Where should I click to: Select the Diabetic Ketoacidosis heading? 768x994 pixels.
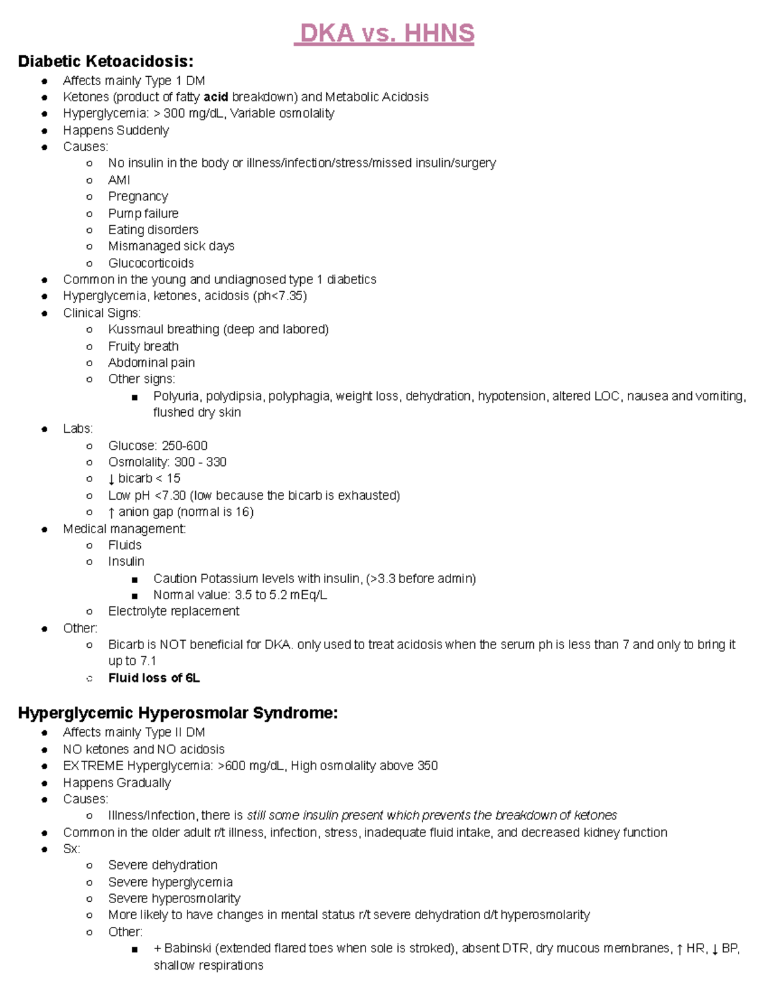click(x=106, y=61)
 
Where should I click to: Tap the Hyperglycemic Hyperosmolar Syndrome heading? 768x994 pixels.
click(x=178, y=713)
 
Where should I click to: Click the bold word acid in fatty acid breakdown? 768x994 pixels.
click(x=216, y=97)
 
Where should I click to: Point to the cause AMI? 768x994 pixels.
click(x=119, y=180)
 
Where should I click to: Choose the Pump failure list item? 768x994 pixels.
click(x=143, y=214)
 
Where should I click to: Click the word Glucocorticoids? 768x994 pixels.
click(x=150, y=263)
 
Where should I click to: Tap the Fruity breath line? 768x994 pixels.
click(x=143, y=346)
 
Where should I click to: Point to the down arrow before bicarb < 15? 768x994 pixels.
click(x=111, y=479)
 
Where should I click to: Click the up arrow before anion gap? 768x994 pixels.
click(x=111, y=513)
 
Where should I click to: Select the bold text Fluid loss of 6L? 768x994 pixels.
click(x=154, y=678)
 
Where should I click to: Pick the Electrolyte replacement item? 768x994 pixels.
click(x=173, y=611)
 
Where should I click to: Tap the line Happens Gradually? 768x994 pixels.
click(x=116, y=783)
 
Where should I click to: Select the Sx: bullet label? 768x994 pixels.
click(x=71, y=849)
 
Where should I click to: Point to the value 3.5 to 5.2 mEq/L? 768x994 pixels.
click(x=281, y=595)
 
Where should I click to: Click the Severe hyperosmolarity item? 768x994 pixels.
click(x=173, y=899)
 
